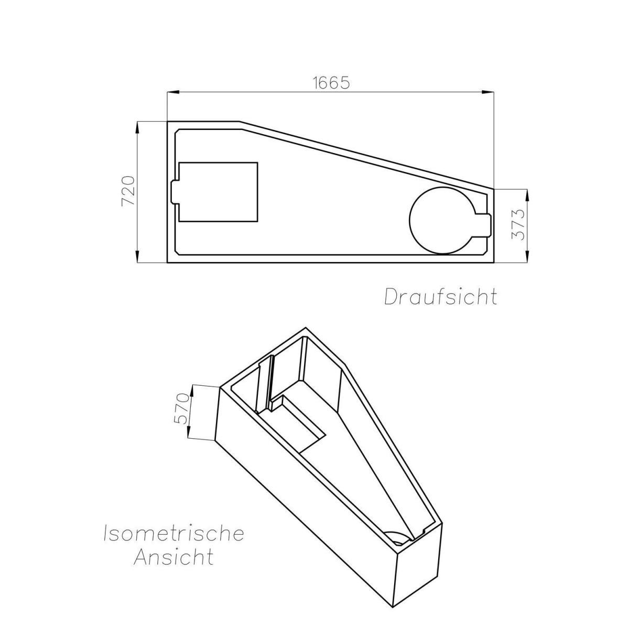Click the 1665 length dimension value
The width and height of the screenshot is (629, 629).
(331, 83)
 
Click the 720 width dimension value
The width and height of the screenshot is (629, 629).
(129, 191)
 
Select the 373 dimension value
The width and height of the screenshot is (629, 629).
(517, 224)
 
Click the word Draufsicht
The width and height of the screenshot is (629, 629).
(440, 297)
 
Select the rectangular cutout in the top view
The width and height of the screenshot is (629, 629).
(219, 191)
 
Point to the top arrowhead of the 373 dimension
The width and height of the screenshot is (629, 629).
(527, 193)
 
